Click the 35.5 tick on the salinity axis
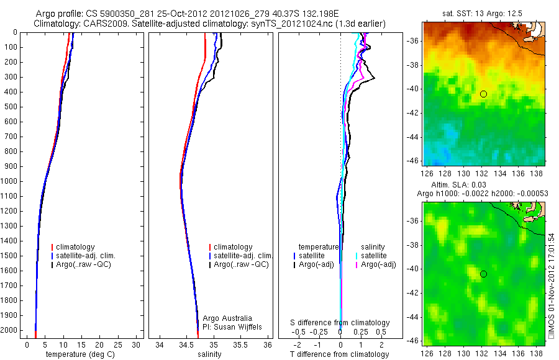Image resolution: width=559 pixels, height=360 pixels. [242, 344]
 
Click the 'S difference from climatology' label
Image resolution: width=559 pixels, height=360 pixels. [340, 323]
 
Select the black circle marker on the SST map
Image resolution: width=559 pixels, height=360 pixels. [483, 94]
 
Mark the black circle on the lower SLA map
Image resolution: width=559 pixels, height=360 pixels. [483, 274]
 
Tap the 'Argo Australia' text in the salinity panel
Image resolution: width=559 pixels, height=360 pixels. [227, 318]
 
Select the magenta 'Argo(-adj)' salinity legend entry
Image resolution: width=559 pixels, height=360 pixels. [378, 264]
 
